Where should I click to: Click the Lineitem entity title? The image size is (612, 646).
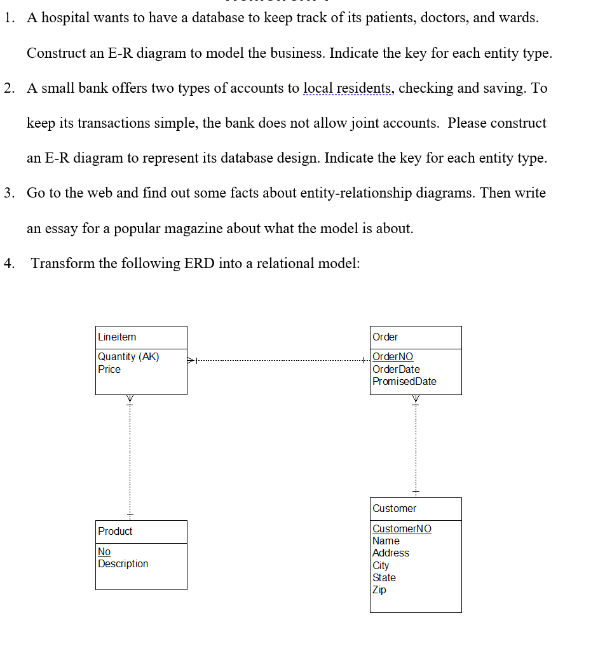pyautogui.click(x=117, y=337)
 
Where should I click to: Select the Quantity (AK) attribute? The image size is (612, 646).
pyautogui.click(x=128, y=357)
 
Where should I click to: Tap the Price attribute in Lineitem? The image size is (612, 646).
pyautogui.click(x=109, y=369)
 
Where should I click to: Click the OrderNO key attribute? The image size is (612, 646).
pyautogui.click(x=393, y=357)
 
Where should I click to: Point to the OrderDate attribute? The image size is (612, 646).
pyautogui.click(x=396, y=369)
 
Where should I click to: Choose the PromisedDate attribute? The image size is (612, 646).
pyautogui.click(x=404, y=381)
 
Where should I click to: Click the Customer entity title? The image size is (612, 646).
pyautogui.click(x=395, y=509)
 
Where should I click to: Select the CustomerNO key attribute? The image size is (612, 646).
pyautogui.click(x=402, y=528)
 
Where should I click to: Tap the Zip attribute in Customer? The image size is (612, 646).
pyautogui.click(x=379, y=589)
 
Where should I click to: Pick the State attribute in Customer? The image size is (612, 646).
pyautogui.click(x=384, y=577)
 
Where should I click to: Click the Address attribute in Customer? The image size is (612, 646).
pyautogui.click(x=391, y=553)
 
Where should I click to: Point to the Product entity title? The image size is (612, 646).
pyautogui.click(x=115, y=532)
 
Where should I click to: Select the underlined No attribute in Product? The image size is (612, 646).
pyautogui.click(x=104, y=551)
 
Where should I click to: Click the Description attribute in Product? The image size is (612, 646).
pyautogui.click(x=123, y=563)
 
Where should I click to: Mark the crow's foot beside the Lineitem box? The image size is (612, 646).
pyautogui.click(x=191, y=361)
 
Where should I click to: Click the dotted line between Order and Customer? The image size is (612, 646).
pyautogui.click(x=416, y=445)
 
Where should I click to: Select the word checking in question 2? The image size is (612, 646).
pyautogui.click(x=425, y=88)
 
